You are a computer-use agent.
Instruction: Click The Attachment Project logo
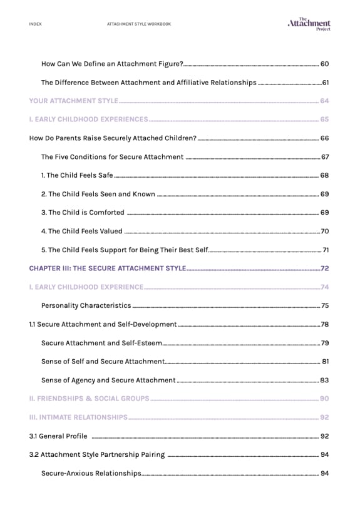tap(309, 24)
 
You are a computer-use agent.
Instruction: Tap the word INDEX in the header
tap(36, 24)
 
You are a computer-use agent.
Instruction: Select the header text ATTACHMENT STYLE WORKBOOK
tap(139, 24)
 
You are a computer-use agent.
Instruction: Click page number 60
tap(324, 64)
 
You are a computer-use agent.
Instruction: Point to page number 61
tap(325, 83)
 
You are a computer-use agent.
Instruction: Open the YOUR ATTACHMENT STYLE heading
tap(73, 101)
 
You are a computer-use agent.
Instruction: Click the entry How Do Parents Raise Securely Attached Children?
tap(113, 138)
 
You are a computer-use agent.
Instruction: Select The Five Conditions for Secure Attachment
tap(112, 157)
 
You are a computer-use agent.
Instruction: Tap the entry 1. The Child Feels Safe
tap(77, 175)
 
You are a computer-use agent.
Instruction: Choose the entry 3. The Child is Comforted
tap(83, 212)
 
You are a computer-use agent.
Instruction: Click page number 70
tap(324, 231)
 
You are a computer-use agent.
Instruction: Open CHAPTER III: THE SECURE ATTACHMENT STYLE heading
tap(108, 268)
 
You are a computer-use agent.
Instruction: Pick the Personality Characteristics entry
tap(86, 305)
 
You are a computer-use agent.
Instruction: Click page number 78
tap(324, 324)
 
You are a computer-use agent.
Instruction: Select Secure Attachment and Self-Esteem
tap(101, 343)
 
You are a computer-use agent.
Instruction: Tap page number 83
tap(324, 380)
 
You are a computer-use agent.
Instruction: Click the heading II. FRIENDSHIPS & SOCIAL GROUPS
tap(90, 399)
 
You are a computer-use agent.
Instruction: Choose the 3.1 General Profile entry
tap(58, 436)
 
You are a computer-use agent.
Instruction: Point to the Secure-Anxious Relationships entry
tap(91, 473)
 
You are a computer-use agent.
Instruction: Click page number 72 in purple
tap(324, 268)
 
